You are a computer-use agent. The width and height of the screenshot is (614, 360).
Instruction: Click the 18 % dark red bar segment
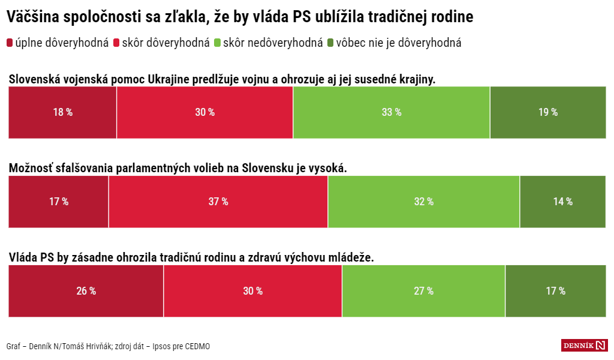62,112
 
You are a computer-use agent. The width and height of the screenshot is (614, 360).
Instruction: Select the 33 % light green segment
391,112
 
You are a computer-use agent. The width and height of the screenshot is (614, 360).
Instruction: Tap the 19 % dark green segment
547,112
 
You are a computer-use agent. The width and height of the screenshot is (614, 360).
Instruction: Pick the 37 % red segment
218,202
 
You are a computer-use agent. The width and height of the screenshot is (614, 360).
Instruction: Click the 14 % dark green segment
562,202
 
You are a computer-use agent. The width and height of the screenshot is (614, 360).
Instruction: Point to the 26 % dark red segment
86,291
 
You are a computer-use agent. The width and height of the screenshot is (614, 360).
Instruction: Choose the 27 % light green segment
423,291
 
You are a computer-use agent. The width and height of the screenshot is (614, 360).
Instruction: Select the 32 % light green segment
423,202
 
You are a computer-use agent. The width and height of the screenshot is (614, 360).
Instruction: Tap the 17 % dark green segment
555,291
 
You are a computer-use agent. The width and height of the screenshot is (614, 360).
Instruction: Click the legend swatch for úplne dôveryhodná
10,43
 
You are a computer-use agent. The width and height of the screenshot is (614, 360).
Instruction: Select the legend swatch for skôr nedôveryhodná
218,43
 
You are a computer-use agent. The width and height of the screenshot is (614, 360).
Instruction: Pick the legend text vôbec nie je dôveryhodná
399,43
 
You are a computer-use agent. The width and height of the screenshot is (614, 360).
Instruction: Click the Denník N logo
584,345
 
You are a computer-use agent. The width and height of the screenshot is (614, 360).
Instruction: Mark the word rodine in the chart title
453,17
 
